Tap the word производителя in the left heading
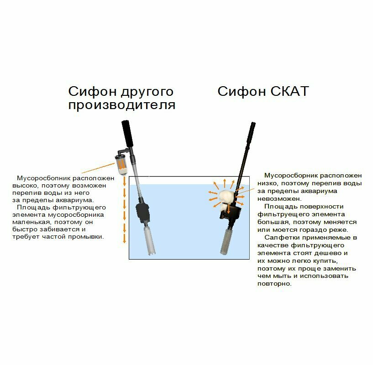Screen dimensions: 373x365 tap(122, 105)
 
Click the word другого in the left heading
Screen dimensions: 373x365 tap(147, 91)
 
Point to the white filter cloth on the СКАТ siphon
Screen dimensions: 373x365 tap(226, 199)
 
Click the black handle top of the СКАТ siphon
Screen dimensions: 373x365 tap(251, 132)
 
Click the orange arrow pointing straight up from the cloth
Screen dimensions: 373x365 tap(226, 184)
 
